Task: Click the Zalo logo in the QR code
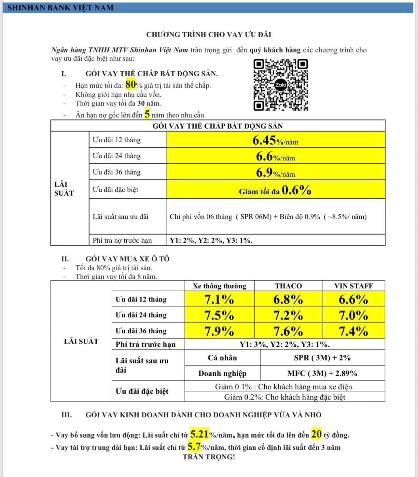281,85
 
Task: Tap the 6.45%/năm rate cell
275,140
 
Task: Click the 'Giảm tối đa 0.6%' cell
275,190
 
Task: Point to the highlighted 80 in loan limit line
130,85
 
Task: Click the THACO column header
288,286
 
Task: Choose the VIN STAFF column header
354,286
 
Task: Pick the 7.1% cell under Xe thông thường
219,299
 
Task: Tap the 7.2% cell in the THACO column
288,315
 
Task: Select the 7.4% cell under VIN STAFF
354,331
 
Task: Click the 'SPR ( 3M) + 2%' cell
322,358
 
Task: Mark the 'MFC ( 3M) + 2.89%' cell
322,373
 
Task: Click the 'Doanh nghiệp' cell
222,373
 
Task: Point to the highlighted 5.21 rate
199,434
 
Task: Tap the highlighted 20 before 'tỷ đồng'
316,434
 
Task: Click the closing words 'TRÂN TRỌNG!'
209,457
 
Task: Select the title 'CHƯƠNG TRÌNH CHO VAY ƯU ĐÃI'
209,35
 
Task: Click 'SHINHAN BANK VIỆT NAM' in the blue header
61,7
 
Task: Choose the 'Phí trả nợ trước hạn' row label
122,240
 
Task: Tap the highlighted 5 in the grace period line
147,114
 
